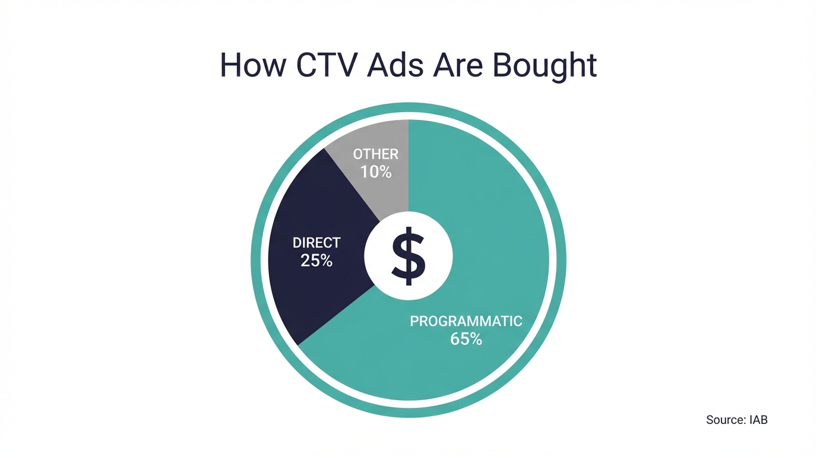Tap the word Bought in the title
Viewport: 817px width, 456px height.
coord(545,65)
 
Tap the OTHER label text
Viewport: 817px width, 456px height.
coord(376,154)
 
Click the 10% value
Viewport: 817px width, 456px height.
coord(376,172)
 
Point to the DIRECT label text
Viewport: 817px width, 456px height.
coord(316,243)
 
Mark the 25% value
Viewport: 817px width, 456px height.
coord(316,260)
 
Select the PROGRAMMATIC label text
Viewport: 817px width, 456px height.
coord(466,322)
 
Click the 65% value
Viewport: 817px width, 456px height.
coord(466,340)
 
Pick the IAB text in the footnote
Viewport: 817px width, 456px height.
coord(758,420)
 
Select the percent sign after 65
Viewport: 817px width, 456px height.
coord(475,340)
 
